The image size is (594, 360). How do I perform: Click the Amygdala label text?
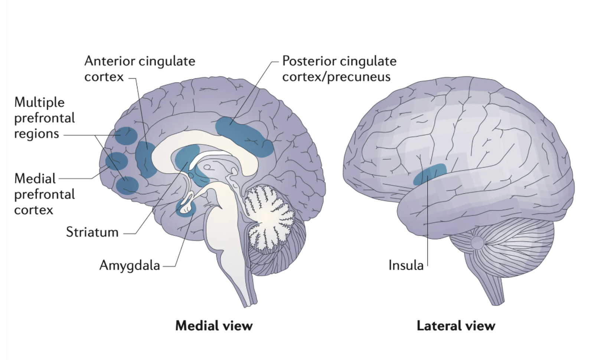coord(130,265)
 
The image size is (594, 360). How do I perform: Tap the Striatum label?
coord(92,232)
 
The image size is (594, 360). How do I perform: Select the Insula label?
coord(406,265)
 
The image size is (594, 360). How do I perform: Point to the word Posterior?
coord(308,61)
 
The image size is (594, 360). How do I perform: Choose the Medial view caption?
coord(214,326)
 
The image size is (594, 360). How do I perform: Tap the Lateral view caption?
coord(456,326)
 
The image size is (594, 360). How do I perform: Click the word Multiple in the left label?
coord(39,102)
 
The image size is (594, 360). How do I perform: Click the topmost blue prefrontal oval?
coord(125,136)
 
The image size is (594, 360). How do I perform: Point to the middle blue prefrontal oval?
coord(117,161)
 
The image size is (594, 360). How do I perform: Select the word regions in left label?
coord(36,134)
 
